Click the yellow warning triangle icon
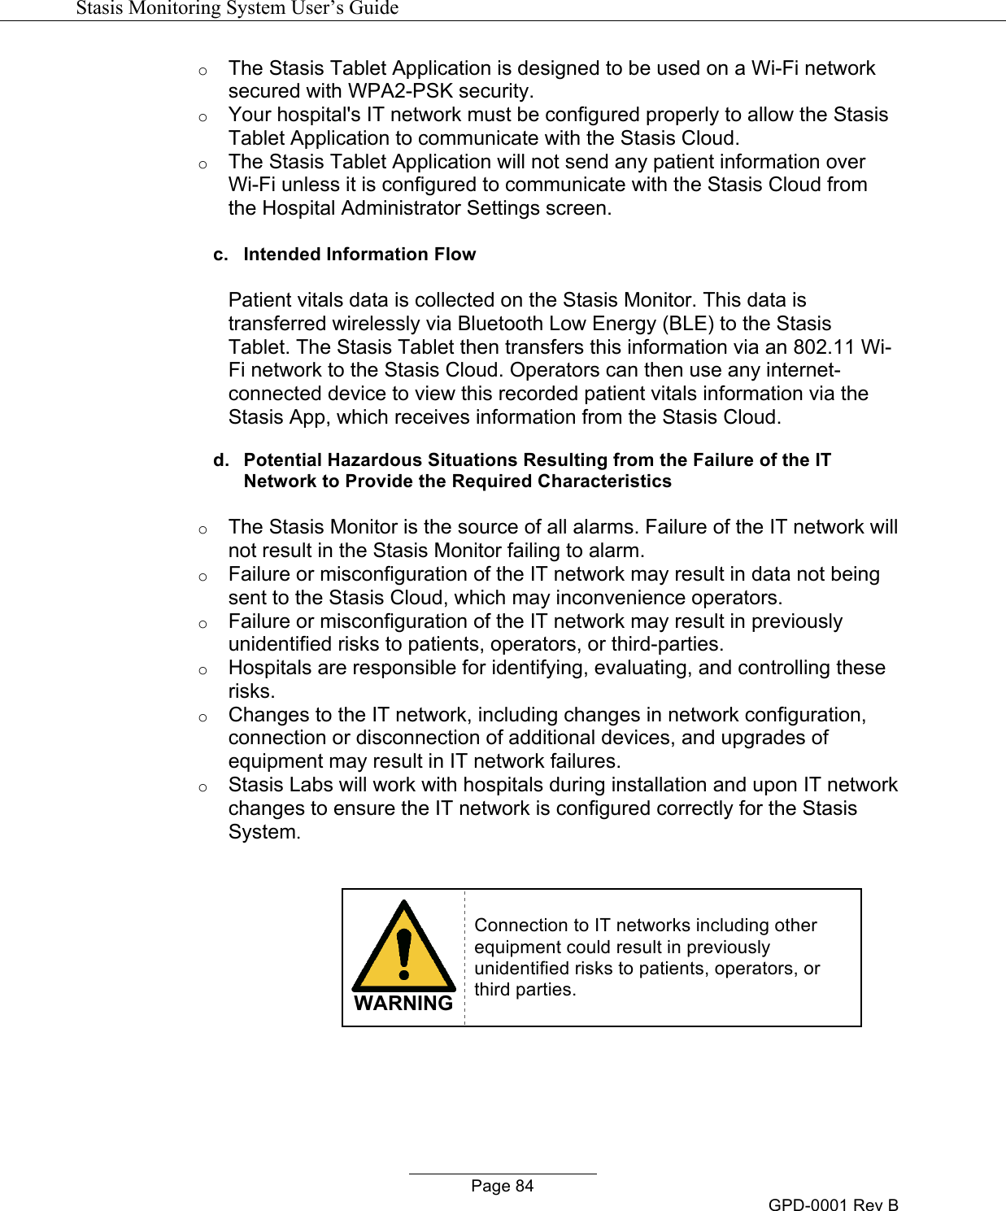[403, 948]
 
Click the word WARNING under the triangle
[403, 1004]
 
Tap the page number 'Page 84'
[502, 1186]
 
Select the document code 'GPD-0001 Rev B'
[833, 1204]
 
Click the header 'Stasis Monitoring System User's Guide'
[237, 8]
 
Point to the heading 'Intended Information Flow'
[359, 255]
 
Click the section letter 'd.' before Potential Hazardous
[220, 460]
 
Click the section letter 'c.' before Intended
[220, 255]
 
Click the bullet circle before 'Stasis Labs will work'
[203, 787]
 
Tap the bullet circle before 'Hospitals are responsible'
[203, 670]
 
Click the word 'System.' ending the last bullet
[264, 832]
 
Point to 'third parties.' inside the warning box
[525, 990]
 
